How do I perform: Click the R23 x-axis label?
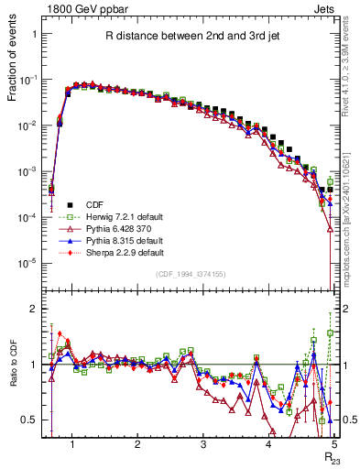[x=331, y=457]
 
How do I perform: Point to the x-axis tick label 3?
[x=202, y=445]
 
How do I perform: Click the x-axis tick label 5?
[x=333, y=445]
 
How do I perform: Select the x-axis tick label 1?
[x=71, y=445]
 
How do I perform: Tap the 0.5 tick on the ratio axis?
[x=29, y=420]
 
